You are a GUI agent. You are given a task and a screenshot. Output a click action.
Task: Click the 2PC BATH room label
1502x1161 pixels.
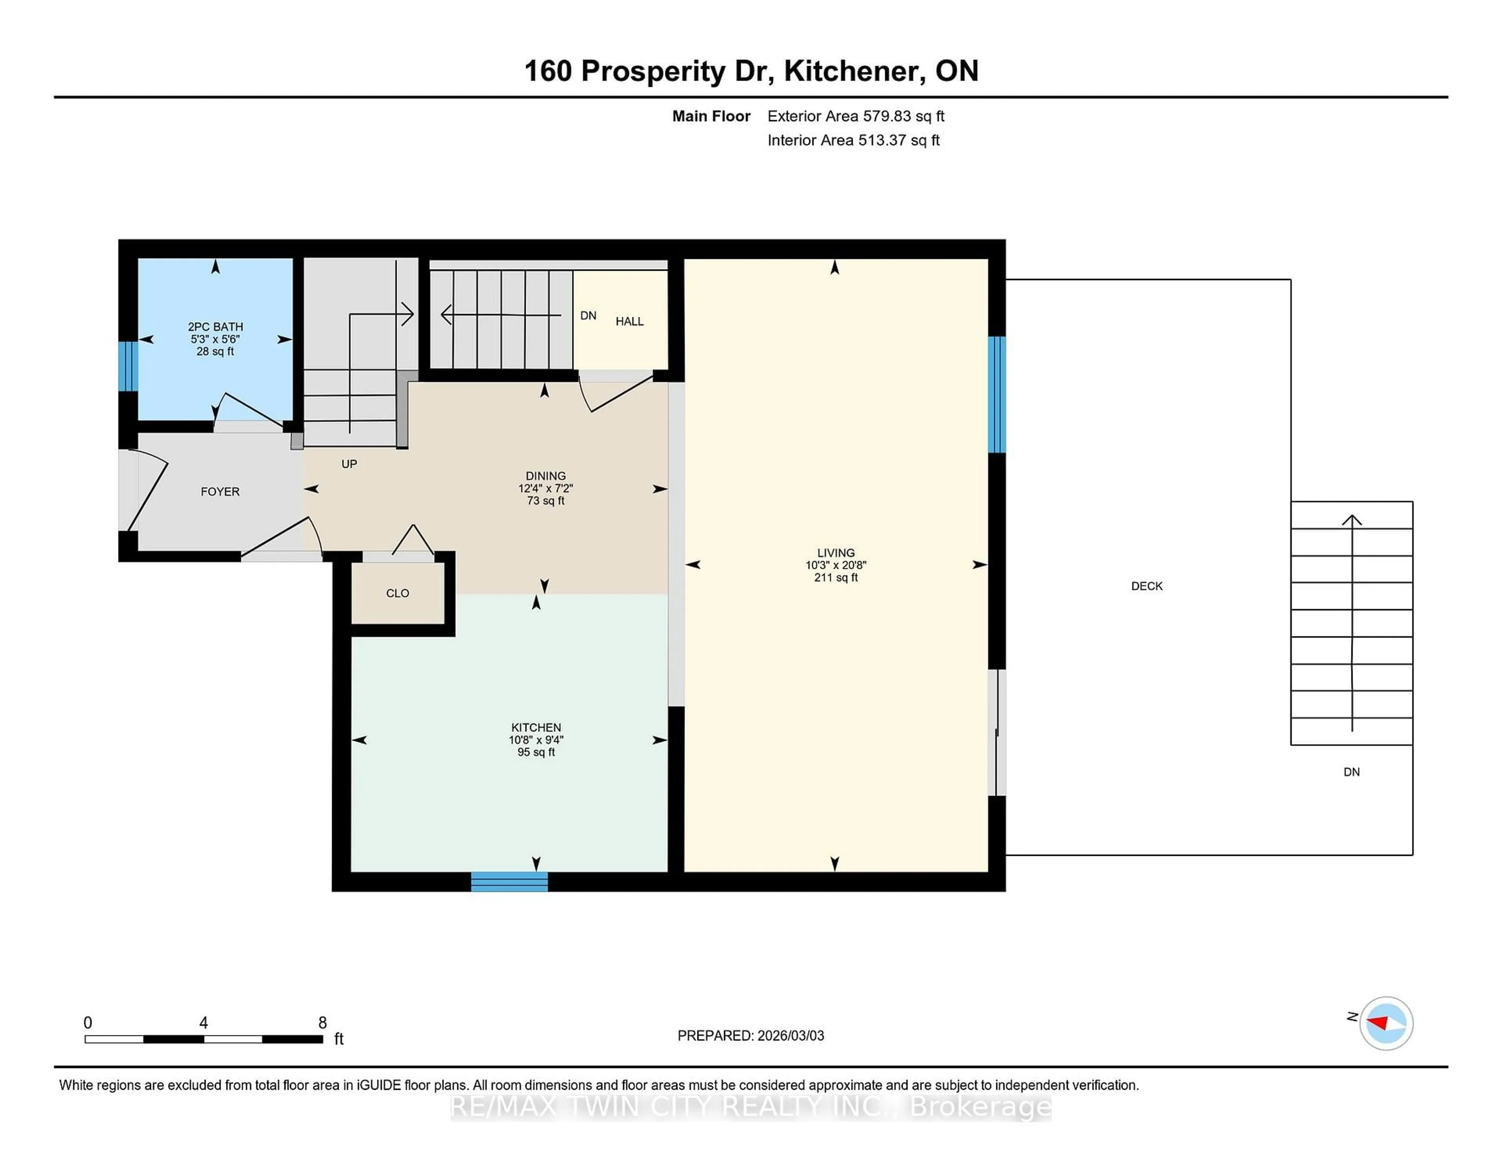click(215, 327)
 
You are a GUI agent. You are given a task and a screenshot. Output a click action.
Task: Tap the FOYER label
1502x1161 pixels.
click(220, 492)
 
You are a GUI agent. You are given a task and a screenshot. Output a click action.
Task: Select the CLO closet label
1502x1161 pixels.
click(397, 593)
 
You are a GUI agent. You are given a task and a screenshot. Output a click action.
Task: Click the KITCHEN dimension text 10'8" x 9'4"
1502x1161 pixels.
click(536, 740)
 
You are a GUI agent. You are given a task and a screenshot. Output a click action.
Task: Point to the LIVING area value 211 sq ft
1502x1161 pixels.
click(835, 578)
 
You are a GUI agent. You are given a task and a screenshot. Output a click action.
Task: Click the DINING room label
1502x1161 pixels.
click(545, 476)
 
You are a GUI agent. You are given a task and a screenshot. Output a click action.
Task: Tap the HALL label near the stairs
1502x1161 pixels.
click(629, 321)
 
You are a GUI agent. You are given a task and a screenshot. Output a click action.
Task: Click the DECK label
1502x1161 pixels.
click(1146, 586)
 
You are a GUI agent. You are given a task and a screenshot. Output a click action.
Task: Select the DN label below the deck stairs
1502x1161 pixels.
click(1351, 772)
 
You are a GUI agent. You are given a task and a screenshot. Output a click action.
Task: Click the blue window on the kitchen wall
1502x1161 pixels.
click(509, 882)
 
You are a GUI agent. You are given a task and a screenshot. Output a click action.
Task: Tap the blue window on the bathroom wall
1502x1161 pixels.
click(128, 366)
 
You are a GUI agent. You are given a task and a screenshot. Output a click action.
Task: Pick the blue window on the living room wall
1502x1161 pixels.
click(997, 394)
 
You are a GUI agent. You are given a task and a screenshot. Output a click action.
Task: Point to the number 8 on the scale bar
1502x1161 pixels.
click(323, 1023)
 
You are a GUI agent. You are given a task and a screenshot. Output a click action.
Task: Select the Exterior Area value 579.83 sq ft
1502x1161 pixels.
click(903, 116)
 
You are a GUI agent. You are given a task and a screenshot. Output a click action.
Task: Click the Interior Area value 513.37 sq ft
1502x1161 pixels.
click(898, 140)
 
